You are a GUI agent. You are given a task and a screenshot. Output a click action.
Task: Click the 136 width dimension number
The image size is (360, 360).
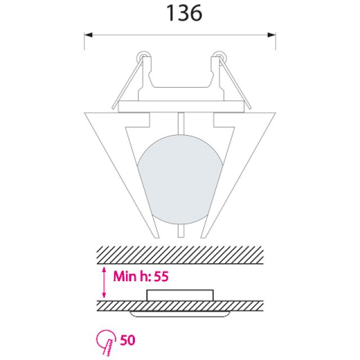coord(184,13)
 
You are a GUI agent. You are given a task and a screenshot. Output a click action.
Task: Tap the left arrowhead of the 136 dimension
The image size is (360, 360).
coord(88,35)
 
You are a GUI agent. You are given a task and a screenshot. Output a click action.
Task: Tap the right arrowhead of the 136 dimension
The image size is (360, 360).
coord(272,35)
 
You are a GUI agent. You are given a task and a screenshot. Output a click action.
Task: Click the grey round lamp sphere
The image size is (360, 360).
coord(181,179)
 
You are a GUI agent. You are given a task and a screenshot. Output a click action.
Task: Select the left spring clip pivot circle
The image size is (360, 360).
coord(144,56)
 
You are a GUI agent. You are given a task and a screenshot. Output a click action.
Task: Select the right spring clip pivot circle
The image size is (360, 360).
coord(219,56)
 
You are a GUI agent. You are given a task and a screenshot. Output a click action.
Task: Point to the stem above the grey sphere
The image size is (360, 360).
coord(181,124)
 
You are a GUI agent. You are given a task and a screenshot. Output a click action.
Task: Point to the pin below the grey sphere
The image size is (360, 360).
coord(181,231)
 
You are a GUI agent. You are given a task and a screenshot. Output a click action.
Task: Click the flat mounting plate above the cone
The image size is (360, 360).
coord(181,106)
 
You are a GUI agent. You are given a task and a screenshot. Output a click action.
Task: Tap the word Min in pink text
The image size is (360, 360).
coord(125,276)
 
